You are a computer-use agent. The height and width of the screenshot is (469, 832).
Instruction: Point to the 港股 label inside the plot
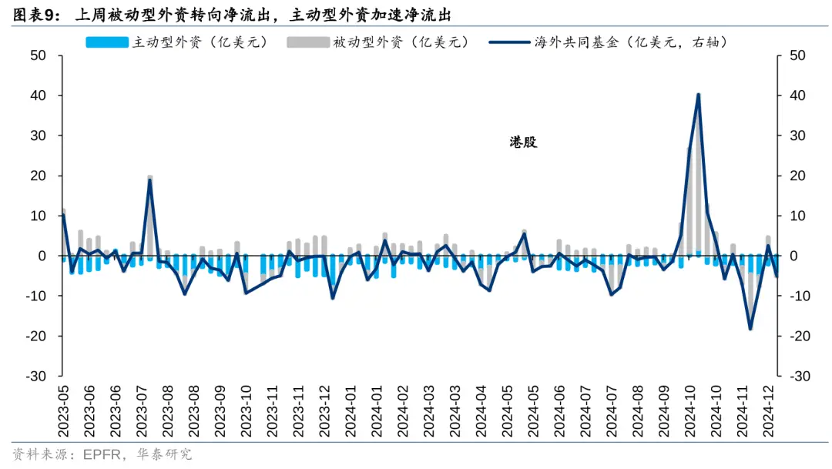tap(523, 142)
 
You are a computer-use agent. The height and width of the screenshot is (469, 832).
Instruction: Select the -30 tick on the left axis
tap(36, 376)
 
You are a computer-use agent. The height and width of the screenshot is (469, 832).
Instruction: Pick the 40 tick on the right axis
tap(797, 96)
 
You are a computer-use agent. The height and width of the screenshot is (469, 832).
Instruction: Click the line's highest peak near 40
tap(698, 95)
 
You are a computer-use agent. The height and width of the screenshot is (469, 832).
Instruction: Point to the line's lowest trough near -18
tap(750, 329)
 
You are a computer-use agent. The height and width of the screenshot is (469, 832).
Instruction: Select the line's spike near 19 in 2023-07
tap(150, 180)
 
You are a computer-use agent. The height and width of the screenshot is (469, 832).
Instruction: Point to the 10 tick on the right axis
tap(797, 216)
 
